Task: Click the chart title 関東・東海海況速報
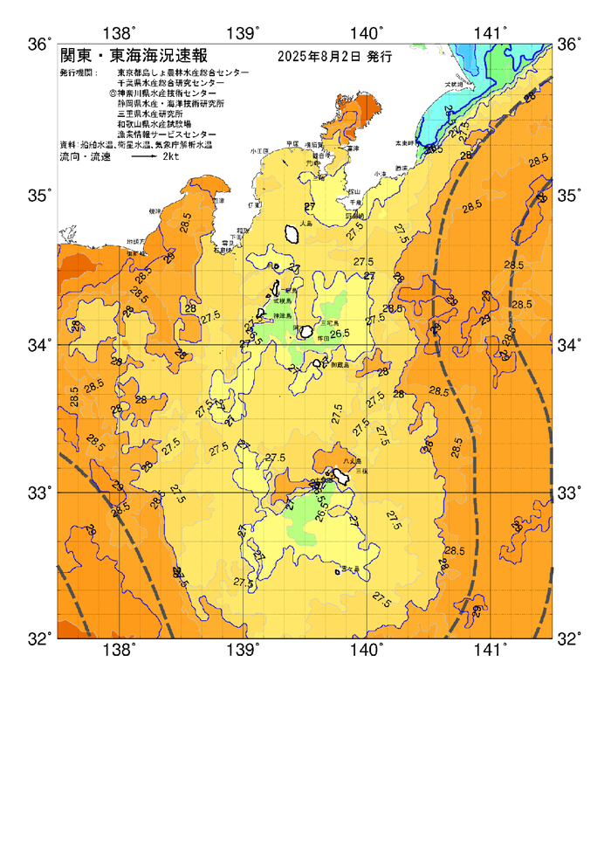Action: (133, 56)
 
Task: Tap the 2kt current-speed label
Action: (170, 157)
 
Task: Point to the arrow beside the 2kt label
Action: (140, 157)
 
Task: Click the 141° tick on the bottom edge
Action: (490, 649)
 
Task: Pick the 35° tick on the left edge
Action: (41, 194)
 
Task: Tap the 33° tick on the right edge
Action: (568, 493)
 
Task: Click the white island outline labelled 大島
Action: (292, 233)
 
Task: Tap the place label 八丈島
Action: (351, 460)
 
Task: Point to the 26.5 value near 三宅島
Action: (339, 333)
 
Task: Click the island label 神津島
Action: (283, 314)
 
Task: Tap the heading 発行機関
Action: (78, 72)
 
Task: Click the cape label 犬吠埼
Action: (454, 84)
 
